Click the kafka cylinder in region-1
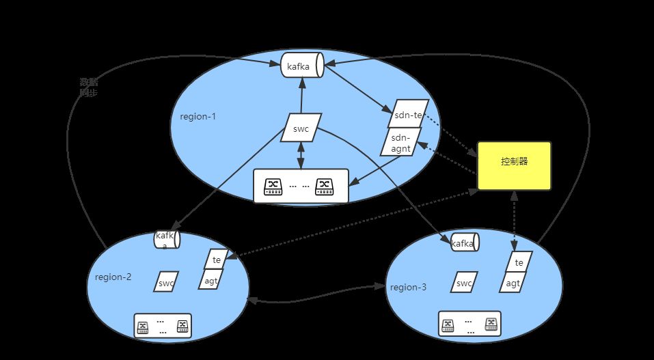point(301,66)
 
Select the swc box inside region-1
point(301,128)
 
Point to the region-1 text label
point(197,116)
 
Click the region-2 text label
point(113,277)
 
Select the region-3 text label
point(408,287)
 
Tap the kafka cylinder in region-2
point(167,240)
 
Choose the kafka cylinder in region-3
point(463,243)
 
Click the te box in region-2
point(215,259)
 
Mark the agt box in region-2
point(213,279)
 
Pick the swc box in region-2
point(166,282)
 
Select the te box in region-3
point(519,262)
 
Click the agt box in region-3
point(514,281)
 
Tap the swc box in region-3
point(465,283)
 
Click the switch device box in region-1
point(301,186)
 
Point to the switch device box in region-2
point(163,326)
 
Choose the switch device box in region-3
point(469,324)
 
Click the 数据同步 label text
point(88,87)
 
